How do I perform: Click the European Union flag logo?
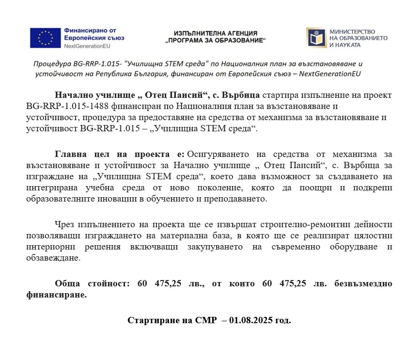pyautogui.click(x=46, y=38)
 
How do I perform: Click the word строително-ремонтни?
pyautogui.click(x=299, y=224)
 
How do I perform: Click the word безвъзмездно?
pyautogui.click(x=363, y=283)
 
